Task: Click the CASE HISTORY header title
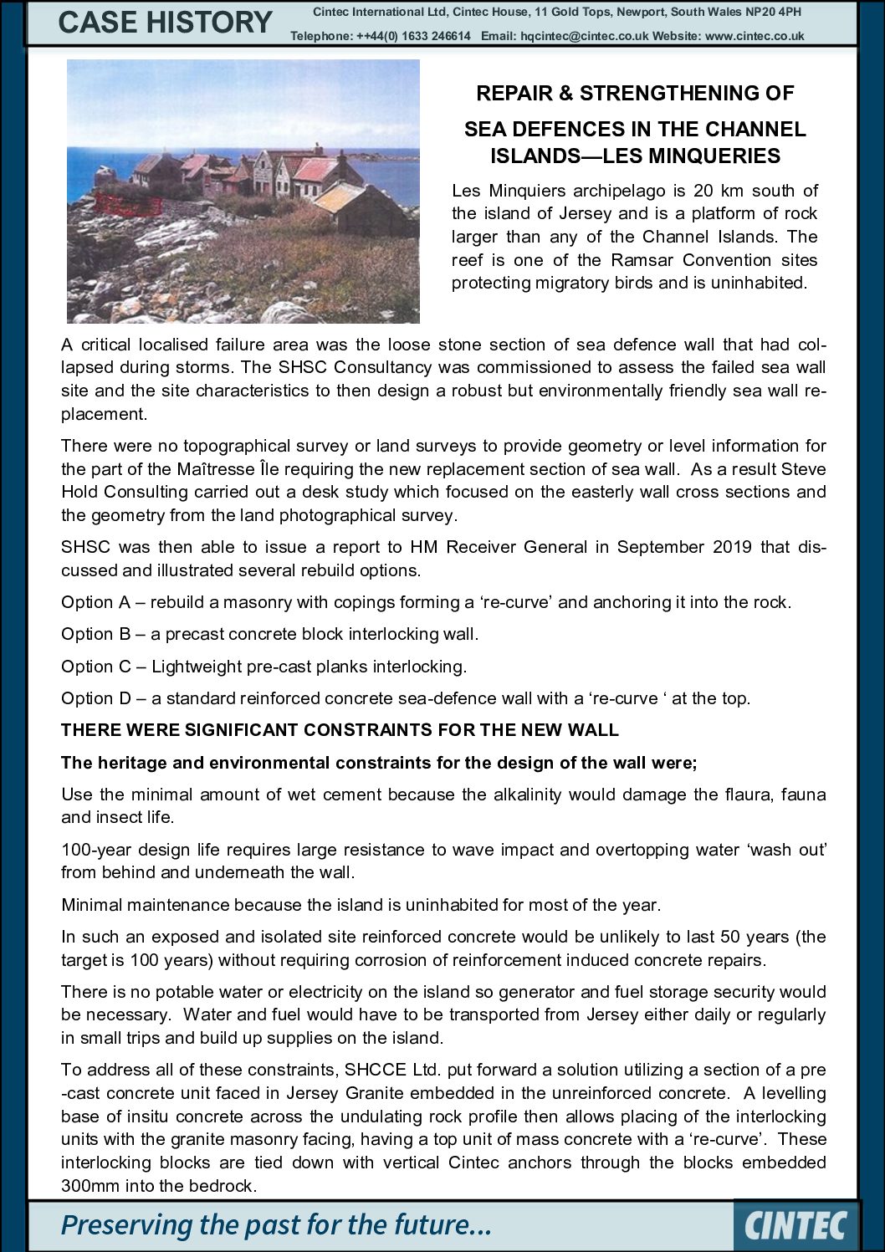165,23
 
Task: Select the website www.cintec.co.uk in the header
755,36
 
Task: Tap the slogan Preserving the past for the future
276,1225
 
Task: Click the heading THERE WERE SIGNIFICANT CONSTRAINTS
340,730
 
